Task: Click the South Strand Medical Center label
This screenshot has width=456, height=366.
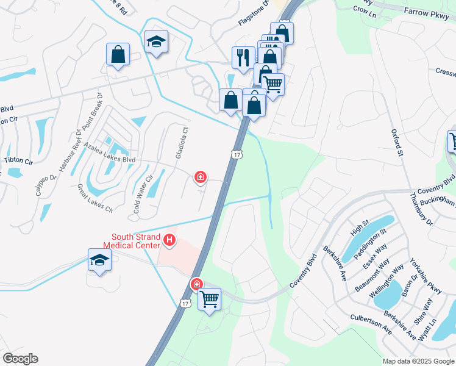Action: point(136,241)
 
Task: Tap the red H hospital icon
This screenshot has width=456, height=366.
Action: point(170,242)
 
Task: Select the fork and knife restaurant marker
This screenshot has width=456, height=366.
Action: point(243,58)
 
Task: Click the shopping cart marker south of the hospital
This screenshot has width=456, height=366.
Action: point(209,299)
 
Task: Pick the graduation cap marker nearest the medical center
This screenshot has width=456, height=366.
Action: point(99,260)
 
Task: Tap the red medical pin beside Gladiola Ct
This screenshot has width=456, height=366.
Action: point(199,178)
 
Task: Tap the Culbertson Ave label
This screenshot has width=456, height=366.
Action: point(371,323)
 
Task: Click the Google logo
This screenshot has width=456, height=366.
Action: point(20,359)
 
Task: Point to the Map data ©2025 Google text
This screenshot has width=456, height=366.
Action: point(418,361)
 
